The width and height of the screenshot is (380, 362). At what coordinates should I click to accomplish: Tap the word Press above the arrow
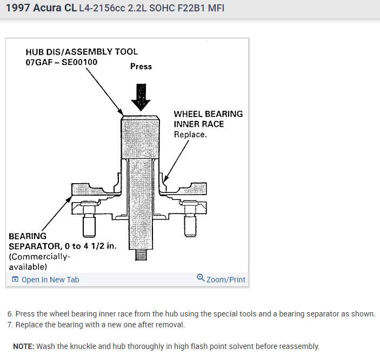tap(141, 67)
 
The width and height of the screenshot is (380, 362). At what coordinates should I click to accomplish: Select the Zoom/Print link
tap(225, 280)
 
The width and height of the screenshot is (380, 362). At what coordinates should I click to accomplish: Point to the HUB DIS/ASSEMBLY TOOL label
tap(82, 52)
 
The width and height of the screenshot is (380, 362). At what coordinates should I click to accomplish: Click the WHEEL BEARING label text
tap(208, 114)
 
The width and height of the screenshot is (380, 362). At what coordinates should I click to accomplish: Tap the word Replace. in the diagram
tap(190, 134)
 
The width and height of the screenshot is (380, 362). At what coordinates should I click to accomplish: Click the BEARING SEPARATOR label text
tap(28, 236)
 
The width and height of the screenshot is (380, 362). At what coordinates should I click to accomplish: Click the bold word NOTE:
tap(23, 346)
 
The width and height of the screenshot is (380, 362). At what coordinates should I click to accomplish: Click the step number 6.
tap(10, 314)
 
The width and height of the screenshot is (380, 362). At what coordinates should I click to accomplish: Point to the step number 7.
tap(10, 325)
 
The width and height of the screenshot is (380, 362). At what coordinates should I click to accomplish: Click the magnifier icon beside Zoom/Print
tap(201, 279)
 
